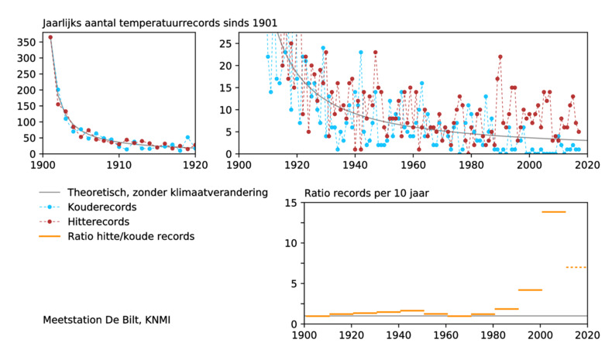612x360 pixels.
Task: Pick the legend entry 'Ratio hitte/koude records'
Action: [x=131, y=236]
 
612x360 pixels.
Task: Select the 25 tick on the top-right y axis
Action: [x=224, y=43]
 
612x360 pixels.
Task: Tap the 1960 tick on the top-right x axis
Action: [x=413, y=164]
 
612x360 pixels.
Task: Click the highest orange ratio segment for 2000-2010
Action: [x=553, y=212]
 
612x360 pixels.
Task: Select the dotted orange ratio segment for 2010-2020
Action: [x=577, y=267]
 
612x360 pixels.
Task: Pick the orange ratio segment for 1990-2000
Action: [x=529, y=290]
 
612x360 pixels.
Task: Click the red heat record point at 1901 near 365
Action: [x=50, y=37]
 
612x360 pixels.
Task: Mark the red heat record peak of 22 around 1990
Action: [x=500, y=57]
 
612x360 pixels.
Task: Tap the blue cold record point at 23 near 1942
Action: [x=360, y=53]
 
